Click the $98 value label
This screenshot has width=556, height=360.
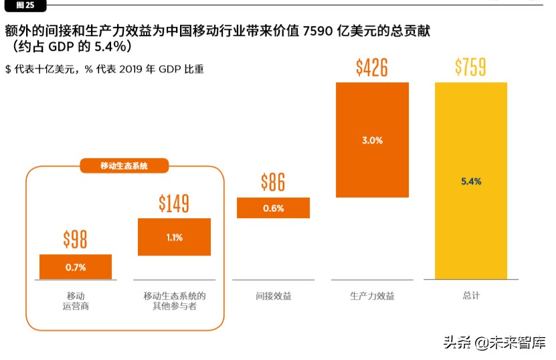[76, 240]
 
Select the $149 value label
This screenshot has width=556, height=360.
[174, 203]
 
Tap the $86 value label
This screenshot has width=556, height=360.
[273, 182]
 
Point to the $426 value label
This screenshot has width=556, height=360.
[372, 68]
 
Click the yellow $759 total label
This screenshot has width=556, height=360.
[470, 68]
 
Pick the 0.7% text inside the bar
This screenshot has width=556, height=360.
[76, 267]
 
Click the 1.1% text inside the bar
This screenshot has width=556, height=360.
[174, 237]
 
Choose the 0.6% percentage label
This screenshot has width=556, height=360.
[273, 208]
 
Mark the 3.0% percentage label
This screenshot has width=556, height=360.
[372, 141]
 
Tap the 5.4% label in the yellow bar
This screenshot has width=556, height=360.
[471, 181]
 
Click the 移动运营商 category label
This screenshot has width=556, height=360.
[76, 300]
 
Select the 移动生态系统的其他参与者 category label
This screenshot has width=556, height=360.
[174, 300]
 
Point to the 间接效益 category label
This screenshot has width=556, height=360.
[273, 296]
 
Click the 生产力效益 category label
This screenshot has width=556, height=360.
[372, 296]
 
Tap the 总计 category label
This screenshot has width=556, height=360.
[471, 296]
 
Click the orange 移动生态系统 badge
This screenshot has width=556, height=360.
[124, 166]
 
